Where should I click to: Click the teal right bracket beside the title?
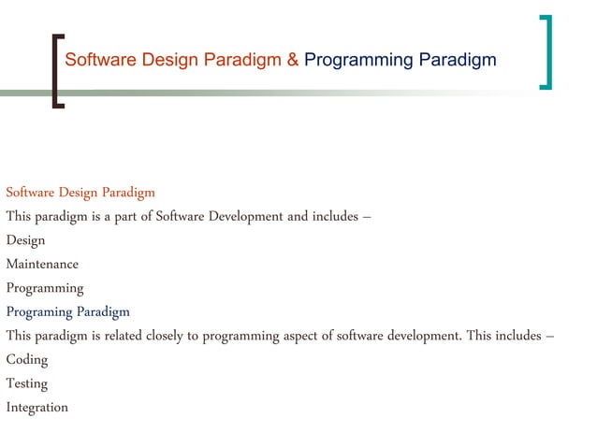546,52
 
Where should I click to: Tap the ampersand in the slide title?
293,61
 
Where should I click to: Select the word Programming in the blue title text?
358,61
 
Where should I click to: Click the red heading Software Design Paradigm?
80,193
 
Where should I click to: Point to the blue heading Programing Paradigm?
67,311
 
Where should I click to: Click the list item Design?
25,240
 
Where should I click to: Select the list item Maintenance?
42,264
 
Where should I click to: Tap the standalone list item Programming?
45,288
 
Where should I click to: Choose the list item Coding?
26,359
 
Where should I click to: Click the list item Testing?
26,383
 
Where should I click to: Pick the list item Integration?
36,408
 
